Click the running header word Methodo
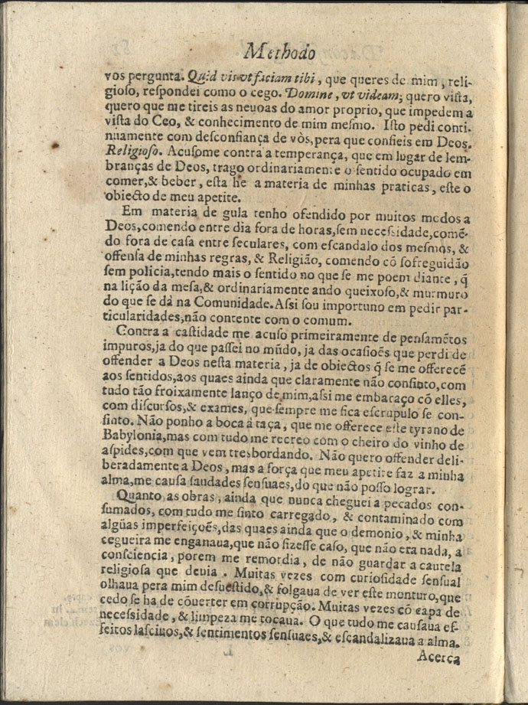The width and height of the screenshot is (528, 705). [280, 52]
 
